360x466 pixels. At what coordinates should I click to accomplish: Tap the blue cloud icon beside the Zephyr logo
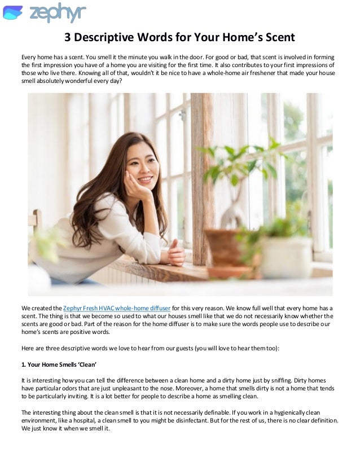13,12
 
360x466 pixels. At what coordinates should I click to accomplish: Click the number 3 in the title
67,38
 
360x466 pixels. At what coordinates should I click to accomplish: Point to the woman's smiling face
141,164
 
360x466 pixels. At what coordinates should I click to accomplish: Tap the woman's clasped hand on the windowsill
176,252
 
